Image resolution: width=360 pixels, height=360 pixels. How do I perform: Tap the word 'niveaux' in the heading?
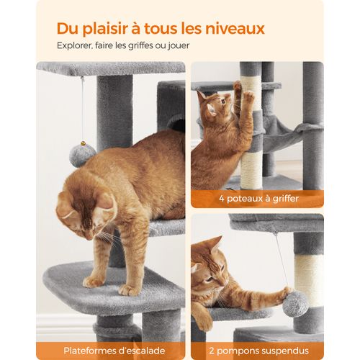point(235,29)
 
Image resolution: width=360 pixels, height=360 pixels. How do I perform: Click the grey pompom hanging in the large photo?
point(82,155)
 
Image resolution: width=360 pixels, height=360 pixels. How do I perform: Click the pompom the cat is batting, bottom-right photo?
point(294,303)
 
